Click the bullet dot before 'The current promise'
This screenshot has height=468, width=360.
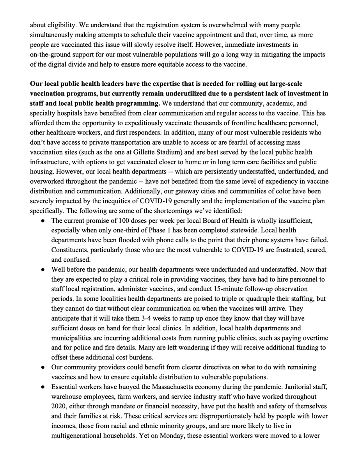[x=43, y=221]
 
